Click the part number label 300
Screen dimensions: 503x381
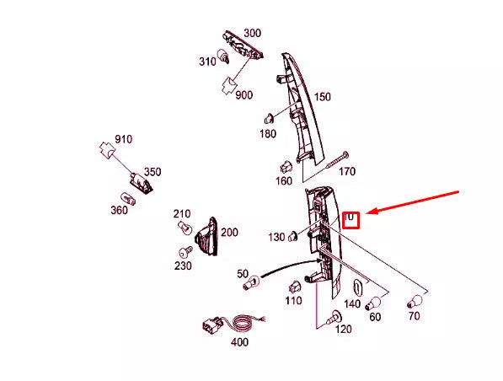253,33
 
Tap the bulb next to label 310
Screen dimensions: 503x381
223,56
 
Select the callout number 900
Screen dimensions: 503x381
243,95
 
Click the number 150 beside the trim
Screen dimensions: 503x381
322,97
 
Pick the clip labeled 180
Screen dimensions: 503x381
269,119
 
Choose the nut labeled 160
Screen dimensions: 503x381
286,166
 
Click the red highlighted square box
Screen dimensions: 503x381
350,220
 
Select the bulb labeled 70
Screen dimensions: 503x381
415,302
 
